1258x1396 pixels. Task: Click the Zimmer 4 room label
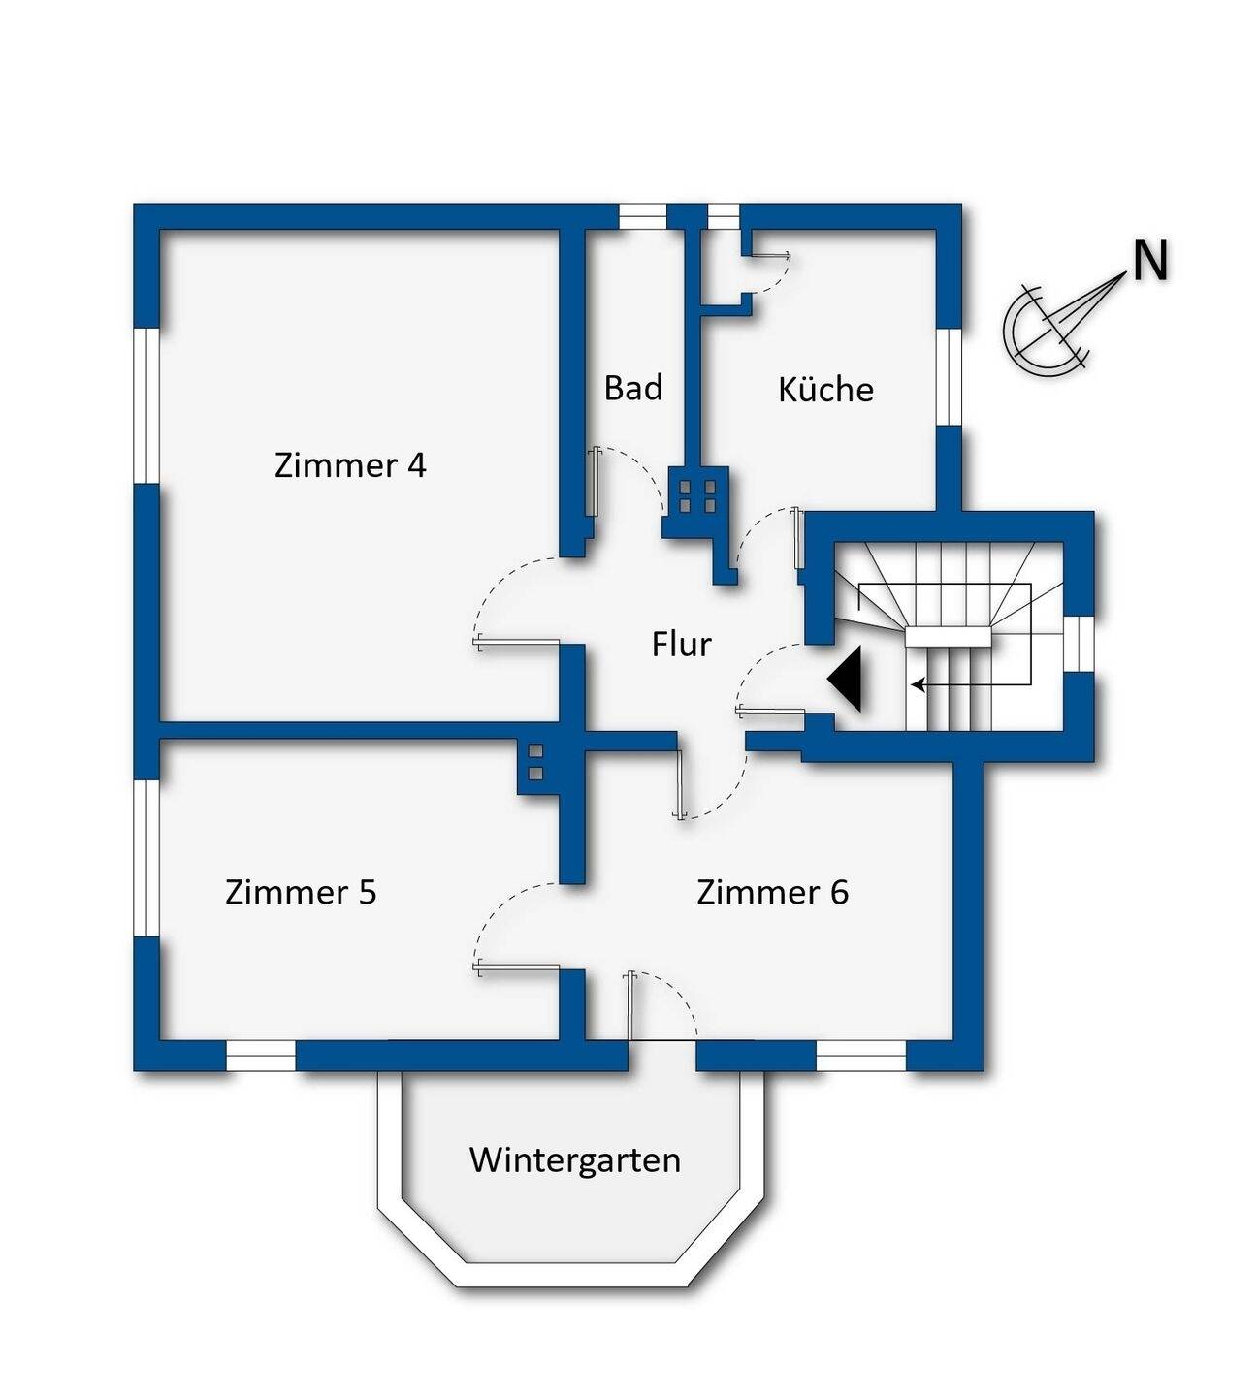[x=350, y=466]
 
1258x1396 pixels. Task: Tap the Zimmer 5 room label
[x=301, y=892]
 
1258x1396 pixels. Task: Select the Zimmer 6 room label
[x=772, y=892]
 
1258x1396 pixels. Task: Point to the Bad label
[x=633, y=388]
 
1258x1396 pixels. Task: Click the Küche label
[x=825, y=390]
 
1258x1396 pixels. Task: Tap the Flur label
[x=681, y=645]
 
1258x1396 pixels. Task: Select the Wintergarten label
[x=574, y=1159]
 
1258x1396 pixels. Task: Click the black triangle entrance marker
[x=847, y=681]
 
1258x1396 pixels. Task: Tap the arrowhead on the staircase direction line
[x=916, y=685]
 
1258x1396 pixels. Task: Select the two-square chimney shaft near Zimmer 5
[x=533, y=762]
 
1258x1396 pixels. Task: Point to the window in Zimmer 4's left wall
[x=146, y=404]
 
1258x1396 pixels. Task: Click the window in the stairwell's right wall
[x=1080, y=644]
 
